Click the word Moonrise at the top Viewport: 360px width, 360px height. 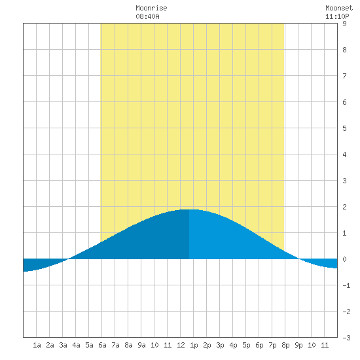pos(151,8)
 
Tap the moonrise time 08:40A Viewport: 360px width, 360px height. pos(147,16)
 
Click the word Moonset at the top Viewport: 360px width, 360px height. pos(339,8)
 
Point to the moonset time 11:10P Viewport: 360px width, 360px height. pos(337,16)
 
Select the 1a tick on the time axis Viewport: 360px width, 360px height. pos(37,345)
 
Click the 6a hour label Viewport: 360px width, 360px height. pos(102,345)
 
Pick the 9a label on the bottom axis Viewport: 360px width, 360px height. pos(141,345)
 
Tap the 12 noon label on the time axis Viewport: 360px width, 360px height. pos(181,345)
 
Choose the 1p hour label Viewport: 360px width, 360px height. pos(194,345)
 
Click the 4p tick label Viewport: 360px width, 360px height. pos(233,345)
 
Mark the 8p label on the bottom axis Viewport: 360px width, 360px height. pos(285,345)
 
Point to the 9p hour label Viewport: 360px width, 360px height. pos(298,345)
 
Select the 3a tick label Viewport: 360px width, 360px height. pos(63,345)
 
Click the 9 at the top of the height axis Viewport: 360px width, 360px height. pos(344,24)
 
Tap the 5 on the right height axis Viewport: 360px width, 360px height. pos(344,128)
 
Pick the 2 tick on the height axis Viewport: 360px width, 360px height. pos(344,207)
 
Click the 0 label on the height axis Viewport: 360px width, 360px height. pos(344,259)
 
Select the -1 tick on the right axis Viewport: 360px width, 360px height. pos(346,285)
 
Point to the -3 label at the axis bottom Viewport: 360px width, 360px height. pos(346,338)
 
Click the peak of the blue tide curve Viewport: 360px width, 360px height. pos(189,209)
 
